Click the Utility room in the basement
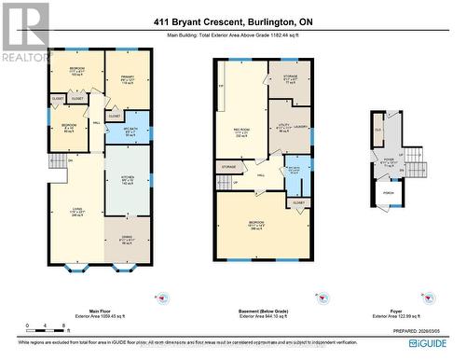(282, 127)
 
